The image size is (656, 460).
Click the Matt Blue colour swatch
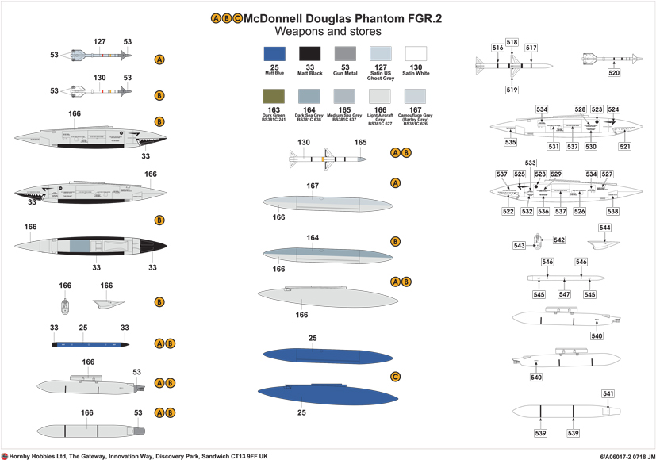[x=274, y=54]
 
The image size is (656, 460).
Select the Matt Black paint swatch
[x=310, y=54]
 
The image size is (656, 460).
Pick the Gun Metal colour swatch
[x=346, y=54]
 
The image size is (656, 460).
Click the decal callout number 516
[x=497, y=48]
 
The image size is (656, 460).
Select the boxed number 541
[x=608, y=394]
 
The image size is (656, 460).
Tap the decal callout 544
[x=605, y=228]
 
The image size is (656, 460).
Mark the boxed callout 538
[x=612, y=212]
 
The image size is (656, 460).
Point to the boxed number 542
[x=559, y=240]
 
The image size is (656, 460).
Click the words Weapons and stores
[x=328, y=32]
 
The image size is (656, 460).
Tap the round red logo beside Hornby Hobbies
[x=5, y=455]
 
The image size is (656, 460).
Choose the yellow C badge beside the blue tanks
[x=395, y=376]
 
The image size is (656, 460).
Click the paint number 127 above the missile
[x=100, y=41]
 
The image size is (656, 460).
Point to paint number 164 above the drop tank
[x=313, y=237]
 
